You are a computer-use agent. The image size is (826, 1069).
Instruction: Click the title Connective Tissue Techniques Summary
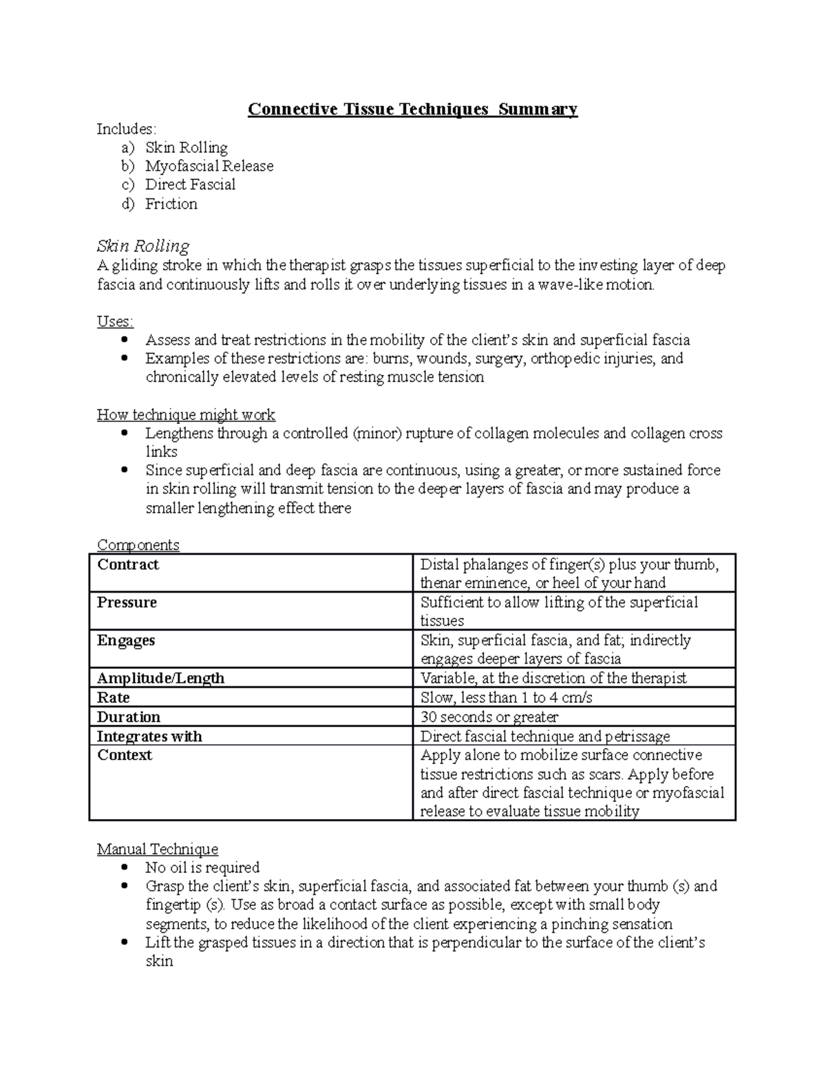coord(412,109)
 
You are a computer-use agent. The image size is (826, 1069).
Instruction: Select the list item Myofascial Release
coord(209,166)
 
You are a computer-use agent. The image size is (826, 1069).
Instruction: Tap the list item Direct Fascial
coord(190,184)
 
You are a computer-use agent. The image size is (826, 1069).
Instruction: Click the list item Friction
coord(171,204)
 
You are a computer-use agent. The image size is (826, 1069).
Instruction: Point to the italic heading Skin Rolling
coord(143,246)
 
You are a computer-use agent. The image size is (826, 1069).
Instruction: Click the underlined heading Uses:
coord(115,321)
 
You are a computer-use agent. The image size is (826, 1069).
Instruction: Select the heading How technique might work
coord(186,415)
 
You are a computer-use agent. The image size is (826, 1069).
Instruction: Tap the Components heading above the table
coord(138,545)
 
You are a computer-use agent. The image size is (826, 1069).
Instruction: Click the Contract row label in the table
coord(128,565)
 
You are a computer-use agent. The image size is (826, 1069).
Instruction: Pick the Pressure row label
coord(127,603)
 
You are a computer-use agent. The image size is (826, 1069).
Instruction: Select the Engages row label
coord(126,641)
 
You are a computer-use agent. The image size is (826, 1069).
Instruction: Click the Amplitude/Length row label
coord(160,679)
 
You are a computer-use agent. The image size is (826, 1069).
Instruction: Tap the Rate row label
coord(113,698)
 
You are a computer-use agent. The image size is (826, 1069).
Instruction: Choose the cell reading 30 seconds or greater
coord(489,717)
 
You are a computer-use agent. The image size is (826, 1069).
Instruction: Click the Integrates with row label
coord(149,737)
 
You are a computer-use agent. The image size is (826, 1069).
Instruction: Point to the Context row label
coord(125,755)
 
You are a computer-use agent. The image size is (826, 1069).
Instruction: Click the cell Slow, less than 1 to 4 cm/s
coord(506,698)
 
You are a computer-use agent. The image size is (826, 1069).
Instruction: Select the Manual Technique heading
coord(158,849)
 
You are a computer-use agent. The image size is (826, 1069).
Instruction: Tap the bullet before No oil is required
coord(124,867)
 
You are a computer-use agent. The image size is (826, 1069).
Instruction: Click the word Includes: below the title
coord(127,129)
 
